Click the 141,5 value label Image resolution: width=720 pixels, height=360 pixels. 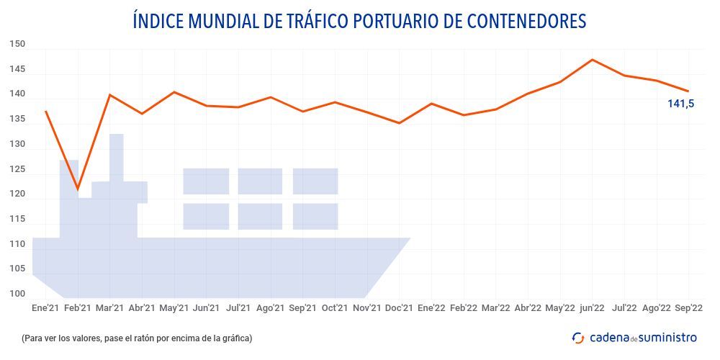pos(680,104)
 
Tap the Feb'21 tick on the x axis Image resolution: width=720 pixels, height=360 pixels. pos(77,307)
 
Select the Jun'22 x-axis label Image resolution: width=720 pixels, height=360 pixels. pos(592,307)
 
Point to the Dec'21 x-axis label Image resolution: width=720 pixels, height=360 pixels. pos(399,307)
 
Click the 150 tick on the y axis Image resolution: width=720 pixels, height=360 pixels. pos(18,45)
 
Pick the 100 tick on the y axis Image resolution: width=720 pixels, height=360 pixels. pos(18,294)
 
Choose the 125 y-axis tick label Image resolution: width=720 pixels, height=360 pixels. pos(18,169)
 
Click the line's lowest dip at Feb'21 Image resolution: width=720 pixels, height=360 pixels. pos(78,189)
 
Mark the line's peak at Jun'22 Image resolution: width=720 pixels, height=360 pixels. pos(592,60)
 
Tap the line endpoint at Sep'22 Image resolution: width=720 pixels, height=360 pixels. pos(688,91)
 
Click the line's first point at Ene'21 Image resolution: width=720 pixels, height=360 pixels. pos(45,112)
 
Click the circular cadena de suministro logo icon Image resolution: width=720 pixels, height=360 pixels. pos(578,338)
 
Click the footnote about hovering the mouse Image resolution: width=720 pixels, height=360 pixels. pos(137,338)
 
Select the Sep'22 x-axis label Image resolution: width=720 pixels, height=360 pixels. pos(688,307)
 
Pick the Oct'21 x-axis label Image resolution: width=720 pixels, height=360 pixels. pos(335,307)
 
